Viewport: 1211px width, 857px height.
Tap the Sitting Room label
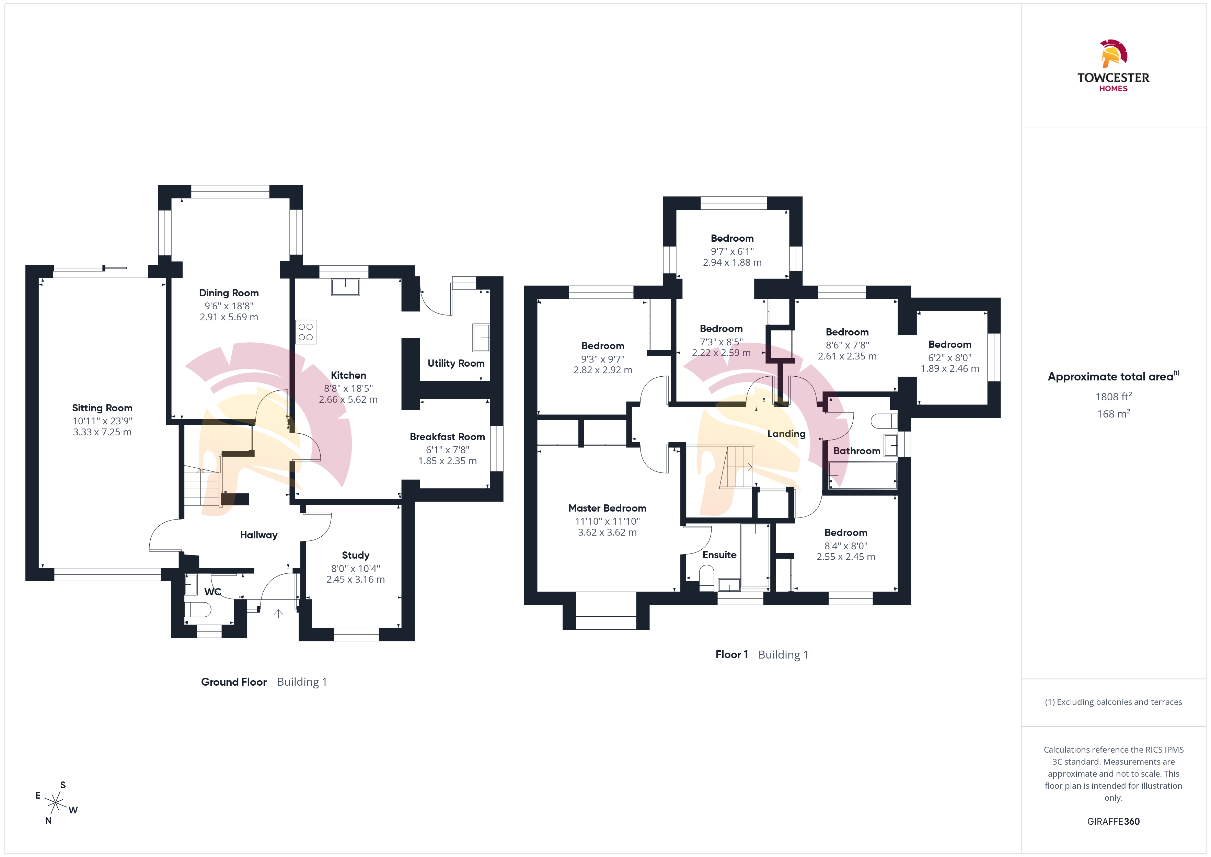(x=102, y=408)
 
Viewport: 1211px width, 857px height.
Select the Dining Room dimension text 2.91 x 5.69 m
(x=229, y=317)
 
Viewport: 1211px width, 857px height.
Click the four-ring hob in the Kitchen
(x=306, y=332)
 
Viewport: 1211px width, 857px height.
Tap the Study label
(x=356, y=555)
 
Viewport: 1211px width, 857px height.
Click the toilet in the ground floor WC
(x=198, y=609)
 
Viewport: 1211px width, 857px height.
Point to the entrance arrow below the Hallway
(x=278, y=613)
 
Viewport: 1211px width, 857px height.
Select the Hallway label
(x=258, y=535)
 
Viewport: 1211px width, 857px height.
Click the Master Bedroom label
(x=607, y=508)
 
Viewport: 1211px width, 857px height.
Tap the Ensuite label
(x=719, y=555)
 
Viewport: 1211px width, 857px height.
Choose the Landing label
(x=786, y=434)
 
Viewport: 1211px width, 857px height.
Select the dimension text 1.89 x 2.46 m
(x=950, y=369)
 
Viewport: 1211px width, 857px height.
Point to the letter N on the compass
(x=48, y=821)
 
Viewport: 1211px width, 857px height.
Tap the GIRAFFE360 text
(x=1114, y=822)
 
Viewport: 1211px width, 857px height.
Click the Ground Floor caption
(x=234, y=682)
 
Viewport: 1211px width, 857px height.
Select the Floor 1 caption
(x=731, y=654)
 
